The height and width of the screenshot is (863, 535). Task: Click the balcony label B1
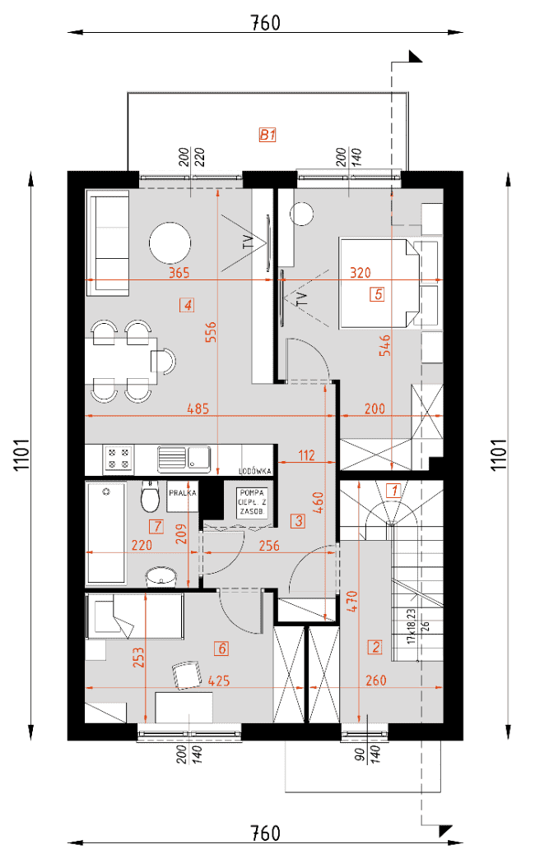click(267, 134)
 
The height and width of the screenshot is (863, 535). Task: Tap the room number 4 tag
click(188, 304)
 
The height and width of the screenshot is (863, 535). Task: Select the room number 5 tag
click(378, 294)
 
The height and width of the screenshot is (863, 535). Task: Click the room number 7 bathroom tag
click(157, 526)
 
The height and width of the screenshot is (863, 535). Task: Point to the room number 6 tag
click(221, 648)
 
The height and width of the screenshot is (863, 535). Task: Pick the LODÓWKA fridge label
click(255, 471)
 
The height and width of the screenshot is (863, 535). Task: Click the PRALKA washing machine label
click(183, 493)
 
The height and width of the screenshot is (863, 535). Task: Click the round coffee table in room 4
click(170, 242)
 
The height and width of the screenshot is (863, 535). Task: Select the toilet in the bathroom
click(149, 496)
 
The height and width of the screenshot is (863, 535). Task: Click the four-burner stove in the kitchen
click(118, 459)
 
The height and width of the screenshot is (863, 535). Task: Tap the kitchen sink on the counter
click(184, 459)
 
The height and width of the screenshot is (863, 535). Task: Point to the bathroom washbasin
click(160, 576)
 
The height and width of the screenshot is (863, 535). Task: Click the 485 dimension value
click(198, 408)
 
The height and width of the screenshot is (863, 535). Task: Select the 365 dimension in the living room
click(179, 272)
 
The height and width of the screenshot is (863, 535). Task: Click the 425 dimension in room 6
click(219, 681)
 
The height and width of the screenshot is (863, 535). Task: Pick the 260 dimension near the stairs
click(376, 681)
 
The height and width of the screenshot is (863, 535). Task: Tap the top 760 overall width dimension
click(266, 23)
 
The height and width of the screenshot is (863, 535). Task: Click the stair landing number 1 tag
click(393, 489)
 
